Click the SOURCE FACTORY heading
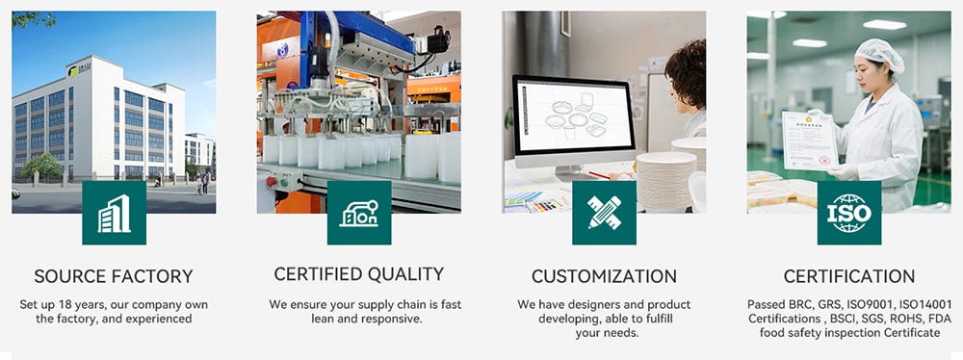click(x=114, y=276)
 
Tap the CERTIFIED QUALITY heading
click(x=358, y=274)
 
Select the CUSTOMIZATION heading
click(x=605, y=276)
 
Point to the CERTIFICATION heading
click(x=849, y=276)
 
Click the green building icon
click(x=115, y=213)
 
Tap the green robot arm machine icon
click(x=359, y=213)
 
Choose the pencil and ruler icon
click(x=605, y=213)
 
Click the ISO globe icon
click(x=849, y=213)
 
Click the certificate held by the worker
click(x=810, y=141)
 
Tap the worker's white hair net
click(x=880, y=54)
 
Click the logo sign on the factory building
click(x=79, y=70)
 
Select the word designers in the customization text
click(x=582, y=305)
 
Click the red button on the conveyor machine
click(x=271, y=181)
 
